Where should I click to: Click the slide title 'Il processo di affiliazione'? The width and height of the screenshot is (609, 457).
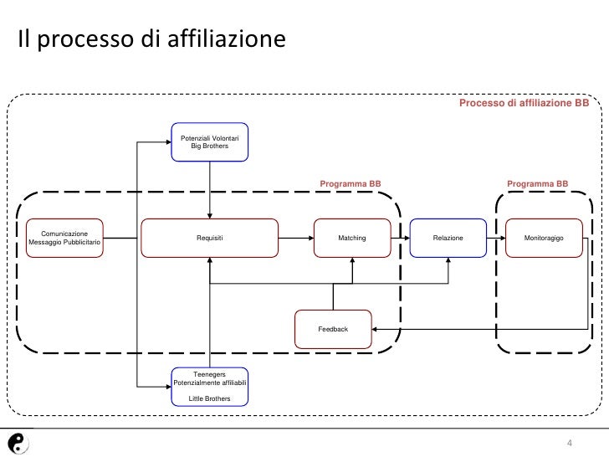click(151, 39)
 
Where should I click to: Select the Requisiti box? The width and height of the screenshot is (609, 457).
click(209, 239)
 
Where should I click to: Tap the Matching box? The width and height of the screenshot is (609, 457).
click(351, 239)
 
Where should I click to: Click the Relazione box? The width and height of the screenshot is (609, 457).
click(448, 239)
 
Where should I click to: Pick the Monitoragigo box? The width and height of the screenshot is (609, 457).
click(544, 239)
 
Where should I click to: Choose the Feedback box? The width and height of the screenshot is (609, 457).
click(333, 329)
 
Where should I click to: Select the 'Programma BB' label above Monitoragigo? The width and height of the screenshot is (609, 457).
click(538, 183)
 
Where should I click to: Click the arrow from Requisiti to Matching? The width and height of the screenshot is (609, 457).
click(296, 239)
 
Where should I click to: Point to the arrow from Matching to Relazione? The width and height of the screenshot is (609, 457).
click(400, 239)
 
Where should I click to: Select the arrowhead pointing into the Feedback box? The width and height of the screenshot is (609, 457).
click(376, 329)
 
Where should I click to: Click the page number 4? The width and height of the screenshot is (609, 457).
click(569, 443)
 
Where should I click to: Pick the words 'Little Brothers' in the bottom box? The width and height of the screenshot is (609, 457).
click(209, 398)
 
